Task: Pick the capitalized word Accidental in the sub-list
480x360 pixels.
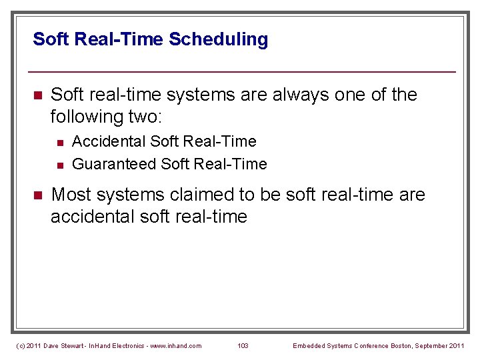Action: pyautogui.click(x=109, y=141)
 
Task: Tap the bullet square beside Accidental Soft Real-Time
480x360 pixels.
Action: pyautogui.click(x=59, y=142)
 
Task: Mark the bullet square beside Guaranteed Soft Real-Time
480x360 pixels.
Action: pyautogui.click(x=59, y=165)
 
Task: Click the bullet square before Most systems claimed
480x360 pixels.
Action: pyautogui.click(x=37, y=195)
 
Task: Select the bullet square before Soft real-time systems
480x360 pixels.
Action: pyautogui.click(x=37, y=95)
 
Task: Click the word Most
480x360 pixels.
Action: pyautogui.click(x=72, y=195)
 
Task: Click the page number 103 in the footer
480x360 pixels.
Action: pyautogui.click(x=243, y=345)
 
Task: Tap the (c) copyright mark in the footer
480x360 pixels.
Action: pyautogui.click(x=20, y=345)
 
